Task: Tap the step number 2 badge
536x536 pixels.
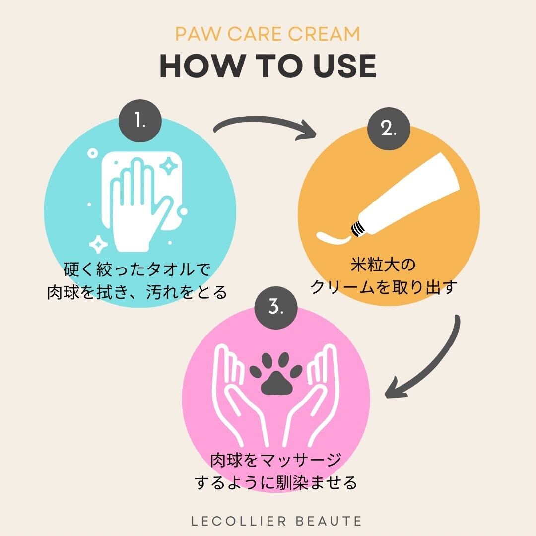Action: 389,129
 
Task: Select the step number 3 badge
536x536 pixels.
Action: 276,308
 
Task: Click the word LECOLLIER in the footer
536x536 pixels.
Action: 231,521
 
